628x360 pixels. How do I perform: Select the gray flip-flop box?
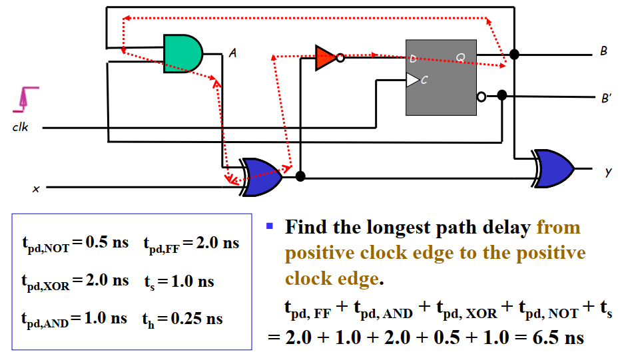click(441, 77)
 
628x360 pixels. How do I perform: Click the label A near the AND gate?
click(232, 53)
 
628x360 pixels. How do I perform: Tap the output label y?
click(607, 172)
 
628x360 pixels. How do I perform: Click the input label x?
click(37, 189)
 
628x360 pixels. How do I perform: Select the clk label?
click(21, 127)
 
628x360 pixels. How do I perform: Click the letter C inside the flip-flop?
click(424, 80)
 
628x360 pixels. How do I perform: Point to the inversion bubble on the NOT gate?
click(340, 58)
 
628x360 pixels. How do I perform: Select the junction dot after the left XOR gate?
click(300, 176)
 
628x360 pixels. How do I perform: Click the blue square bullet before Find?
click(270, 226)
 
